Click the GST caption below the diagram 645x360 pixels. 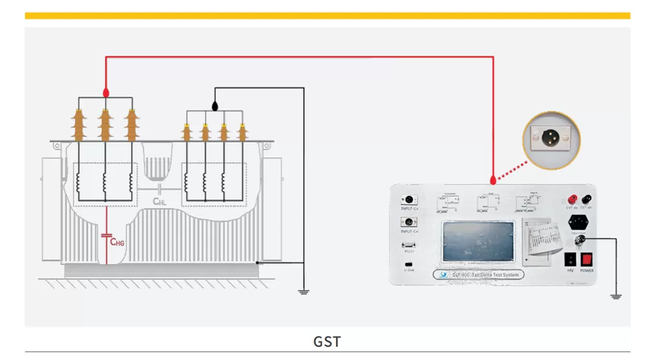point(327,341)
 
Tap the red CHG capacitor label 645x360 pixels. point(116,242)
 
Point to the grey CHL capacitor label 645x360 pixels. point(159,201)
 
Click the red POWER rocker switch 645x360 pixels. point(586,259)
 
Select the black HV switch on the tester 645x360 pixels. point(570,259)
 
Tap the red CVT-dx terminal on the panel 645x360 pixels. point(571,199)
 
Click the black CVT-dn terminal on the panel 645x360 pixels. point(587,199)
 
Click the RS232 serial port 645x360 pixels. point(408,245)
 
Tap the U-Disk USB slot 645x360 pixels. point(408,265)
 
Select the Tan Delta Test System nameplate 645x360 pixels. point(477,274)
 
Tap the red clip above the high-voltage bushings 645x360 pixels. point(105,94)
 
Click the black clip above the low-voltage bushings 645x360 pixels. point(215,105)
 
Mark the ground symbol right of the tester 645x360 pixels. point(615,296)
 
